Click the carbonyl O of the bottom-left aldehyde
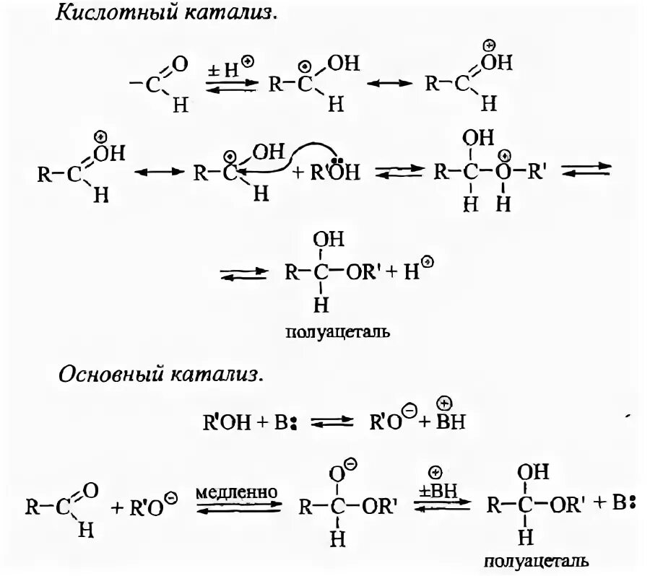click(x=91, y=490)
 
